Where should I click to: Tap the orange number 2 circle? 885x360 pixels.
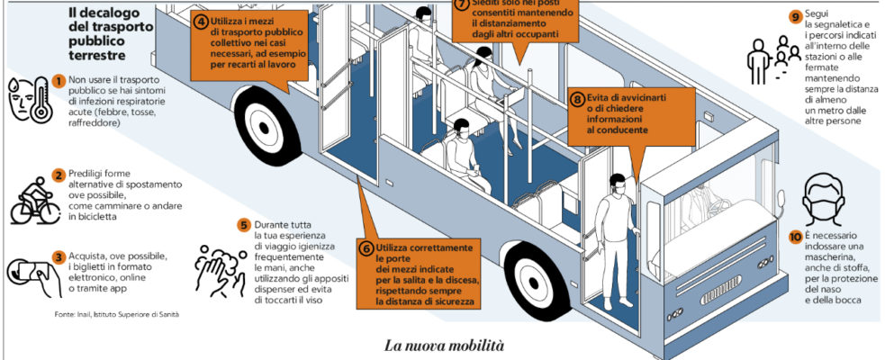[x=59, y=175]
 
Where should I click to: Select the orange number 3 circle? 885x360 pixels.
[x=59, y=256]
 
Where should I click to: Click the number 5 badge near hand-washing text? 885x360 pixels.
[x=243, y=225]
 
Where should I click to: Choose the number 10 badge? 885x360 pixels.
[x=794, y=238]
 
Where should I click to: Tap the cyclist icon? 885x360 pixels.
[x=33, y=200]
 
